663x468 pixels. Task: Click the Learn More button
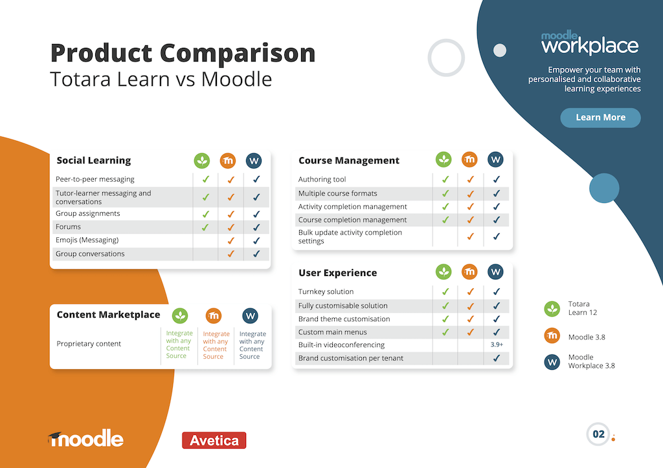[600, 117]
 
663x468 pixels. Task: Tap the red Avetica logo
[214, 440]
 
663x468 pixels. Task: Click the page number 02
[598, 434]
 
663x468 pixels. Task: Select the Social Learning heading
[94, 160]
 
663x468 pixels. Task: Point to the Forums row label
[68, 227]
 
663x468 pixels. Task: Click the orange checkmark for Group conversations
[231, 253]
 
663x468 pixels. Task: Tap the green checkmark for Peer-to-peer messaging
[205, 179]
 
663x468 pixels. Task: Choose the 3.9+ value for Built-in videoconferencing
[497, 345]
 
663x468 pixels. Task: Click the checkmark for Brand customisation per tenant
[497, 358]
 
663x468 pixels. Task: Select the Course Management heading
[349, 160]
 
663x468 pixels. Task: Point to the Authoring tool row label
[322, 179]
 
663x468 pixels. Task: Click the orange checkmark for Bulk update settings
[470, 237]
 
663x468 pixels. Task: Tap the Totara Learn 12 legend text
[583, 308]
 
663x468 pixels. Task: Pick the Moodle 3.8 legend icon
[552, 336]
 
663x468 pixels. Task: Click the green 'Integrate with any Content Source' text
[179, 345]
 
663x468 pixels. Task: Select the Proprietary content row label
[89, 343]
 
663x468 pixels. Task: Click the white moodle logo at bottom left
[86, 438]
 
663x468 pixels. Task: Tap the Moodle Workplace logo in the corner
[590, 43]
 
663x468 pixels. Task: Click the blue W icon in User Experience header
[495, 271]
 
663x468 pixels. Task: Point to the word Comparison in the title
[238, 53]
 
